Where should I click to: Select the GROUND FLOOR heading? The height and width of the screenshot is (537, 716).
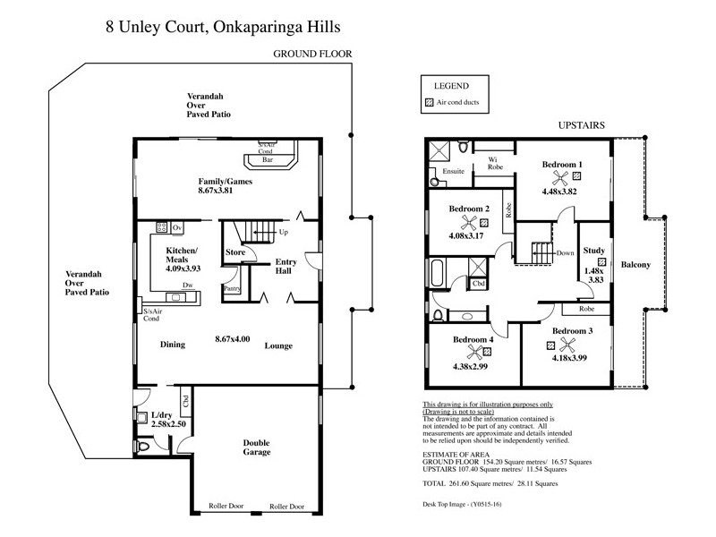pos(312,55)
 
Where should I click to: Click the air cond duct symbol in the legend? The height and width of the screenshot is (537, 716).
pos(429,104)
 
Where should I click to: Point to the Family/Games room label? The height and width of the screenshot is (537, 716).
pos(226,181)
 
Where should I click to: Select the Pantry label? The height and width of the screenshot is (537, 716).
pos(232,289)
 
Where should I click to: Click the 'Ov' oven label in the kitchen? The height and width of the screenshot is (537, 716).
pos(177,227)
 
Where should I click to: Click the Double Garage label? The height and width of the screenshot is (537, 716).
pos(257,447)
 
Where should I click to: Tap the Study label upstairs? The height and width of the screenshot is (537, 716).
pos(593,250)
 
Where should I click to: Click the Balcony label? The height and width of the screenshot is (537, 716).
pos(637,265)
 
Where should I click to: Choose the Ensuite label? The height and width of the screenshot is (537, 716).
pos(454,170)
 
